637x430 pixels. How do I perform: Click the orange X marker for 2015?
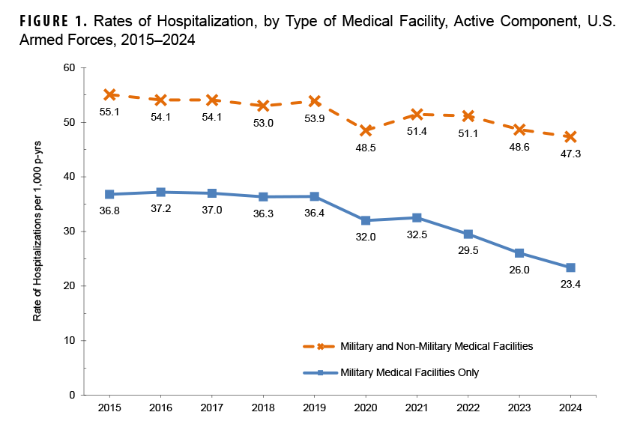pyautogui.click(x=109, y=94)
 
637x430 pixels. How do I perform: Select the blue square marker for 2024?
pyautogui.click(x=570, y=267)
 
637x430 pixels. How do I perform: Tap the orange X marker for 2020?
pyautogui.click(x=366, y=130)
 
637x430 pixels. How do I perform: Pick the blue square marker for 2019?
pyautogui.click(x=315, y=196)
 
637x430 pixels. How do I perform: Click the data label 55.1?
pyautogui.click(x=109, y=111)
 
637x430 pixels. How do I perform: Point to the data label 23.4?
pyautogui.click(x=570, y=285)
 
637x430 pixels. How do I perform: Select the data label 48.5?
pyautogui.click(x=366, y=148)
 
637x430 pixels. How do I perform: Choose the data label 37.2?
pyautogui.click(x=161, y=210)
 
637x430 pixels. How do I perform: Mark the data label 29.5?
pyautogui.click(x=468, y=252)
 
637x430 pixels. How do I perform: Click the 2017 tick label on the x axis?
pyautogui.click(x=212, y=408)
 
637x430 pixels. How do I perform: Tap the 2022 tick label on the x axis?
pyautogui.click(x=468, y=408)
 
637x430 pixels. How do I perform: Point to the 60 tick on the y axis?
pyautogui.click(x=70, y=68)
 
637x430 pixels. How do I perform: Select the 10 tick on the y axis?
pyautogui.click(x=70, y=341)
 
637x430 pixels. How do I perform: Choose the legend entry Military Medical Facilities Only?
pyautogui.click(x=408, y=372)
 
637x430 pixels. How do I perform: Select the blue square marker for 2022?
pyautogui.click(x=468, y=234)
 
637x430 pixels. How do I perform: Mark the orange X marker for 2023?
pyautogui.click(x=519, y=130)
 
